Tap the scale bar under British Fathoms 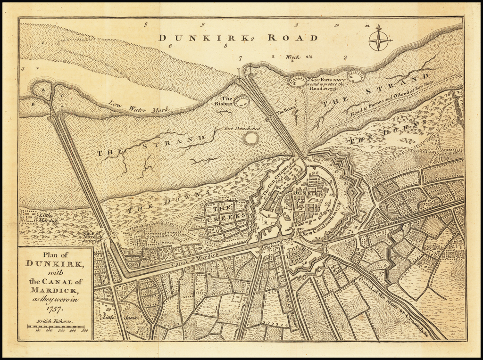click(56, 327)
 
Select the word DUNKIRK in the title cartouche click(56, 264)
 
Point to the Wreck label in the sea click(292, 57)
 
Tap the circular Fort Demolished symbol click(250, 138)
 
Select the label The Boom click(285, 112)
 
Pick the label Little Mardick click(46, 217)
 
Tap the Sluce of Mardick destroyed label click(92, 236)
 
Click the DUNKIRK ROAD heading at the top click(238, 38)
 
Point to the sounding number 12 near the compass click(367, 25)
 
